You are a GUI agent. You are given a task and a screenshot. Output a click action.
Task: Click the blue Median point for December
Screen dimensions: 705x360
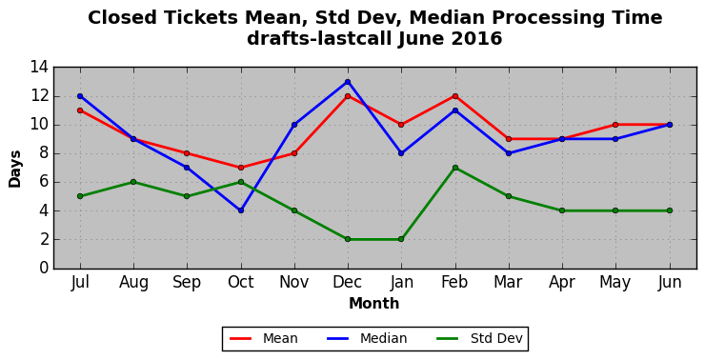[x=348, y=82]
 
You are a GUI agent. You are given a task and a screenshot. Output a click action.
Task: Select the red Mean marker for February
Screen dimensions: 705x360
[x=455, y=96]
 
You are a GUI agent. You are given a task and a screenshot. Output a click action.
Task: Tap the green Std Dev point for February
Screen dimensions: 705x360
[x=455, y=168]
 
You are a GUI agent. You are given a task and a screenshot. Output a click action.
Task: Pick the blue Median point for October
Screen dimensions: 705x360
[x=241, y=210]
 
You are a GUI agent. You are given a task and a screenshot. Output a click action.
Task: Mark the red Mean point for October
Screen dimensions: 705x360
[x=241, y=168]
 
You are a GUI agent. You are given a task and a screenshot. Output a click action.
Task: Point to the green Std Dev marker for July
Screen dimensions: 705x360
[x=80, y=196]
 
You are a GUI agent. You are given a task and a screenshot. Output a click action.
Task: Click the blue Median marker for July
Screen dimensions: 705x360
[x=80, y=96]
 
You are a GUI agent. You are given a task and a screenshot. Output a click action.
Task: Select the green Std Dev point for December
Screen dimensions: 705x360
[x=348, y=239]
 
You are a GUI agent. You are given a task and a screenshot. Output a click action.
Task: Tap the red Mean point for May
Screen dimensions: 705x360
[x=615, y=125]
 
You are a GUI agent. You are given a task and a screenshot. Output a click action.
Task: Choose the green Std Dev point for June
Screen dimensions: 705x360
[x=670, y=210]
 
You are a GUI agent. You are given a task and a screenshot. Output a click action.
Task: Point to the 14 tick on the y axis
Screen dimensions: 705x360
[x=39, y=68]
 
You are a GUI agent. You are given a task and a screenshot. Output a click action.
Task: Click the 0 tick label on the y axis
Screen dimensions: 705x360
[x=44, y=268]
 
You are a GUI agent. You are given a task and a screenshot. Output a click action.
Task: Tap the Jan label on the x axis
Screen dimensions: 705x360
[x=401, y=282]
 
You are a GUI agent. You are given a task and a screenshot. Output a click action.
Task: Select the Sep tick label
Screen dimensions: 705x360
[x=187, y=283]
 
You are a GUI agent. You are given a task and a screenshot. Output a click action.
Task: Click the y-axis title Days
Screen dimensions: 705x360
[x=15, y=169]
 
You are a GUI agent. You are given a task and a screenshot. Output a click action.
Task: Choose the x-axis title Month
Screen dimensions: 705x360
[x=374, y=304]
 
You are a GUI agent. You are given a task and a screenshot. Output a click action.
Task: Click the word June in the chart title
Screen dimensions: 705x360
[x=421, y=39]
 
